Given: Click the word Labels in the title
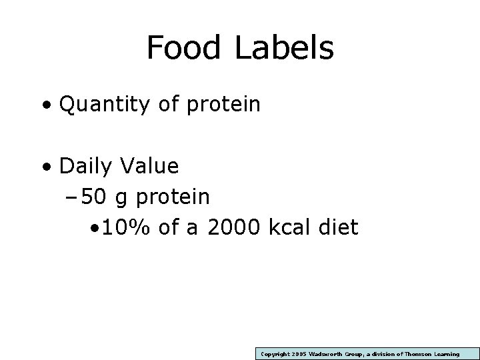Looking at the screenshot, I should pos(284,48).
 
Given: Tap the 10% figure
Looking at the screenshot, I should pos(128,228).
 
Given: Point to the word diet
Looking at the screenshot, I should pos(341,228).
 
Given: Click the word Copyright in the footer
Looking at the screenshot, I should pos(273,354).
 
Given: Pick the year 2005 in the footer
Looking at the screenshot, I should pos(297,354).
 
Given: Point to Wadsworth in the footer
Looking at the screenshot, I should pos(327,354).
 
